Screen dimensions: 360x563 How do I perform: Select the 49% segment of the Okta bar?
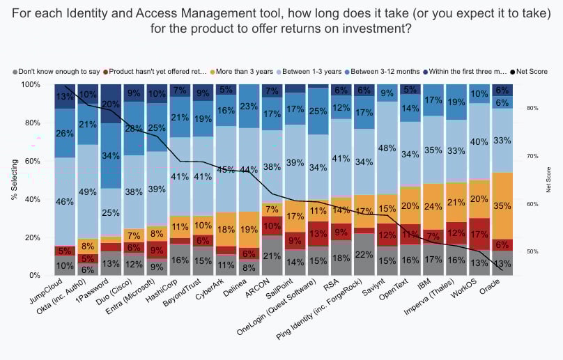coord(87,191)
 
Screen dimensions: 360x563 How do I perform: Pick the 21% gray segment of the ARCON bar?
coord(272,256)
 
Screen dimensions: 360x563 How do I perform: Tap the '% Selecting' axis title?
coord(14,180)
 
